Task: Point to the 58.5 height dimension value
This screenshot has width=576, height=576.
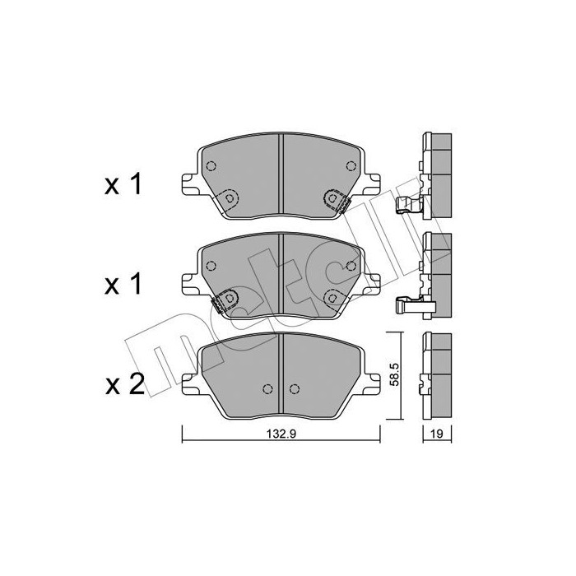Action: click(x=396, y=376)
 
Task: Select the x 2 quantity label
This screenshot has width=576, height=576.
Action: click(x=124, y=384)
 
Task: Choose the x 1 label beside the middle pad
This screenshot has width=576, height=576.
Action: click(x=124, y=285)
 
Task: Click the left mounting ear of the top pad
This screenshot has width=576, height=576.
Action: click(x=188, y=181)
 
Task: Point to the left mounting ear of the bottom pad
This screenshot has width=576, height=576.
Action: click(x=188, y=380)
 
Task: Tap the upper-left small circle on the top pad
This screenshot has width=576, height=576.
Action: click(x=211, y=166)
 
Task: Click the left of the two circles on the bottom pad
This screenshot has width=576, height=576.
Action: click(x=267, y=389)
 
